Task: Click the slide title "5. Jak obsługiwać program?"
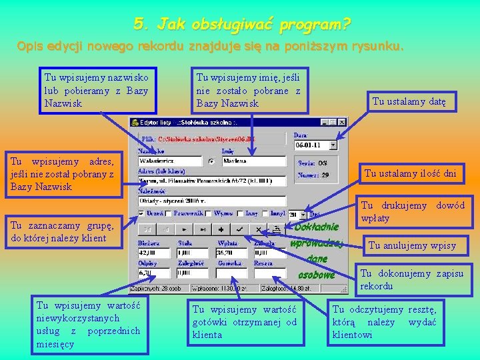click(x=241, y=25)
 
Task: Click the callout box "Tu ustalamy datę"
click(x=413, y=101)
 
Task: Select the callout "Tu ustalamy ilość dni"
click(x=410, y=174)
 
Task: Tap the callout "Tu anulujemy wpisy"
click(x=412, y=245)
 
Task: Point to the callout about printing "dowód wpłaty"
click(x=412, y=212)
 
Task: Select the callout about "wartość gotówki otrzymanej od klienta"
click(x=245, y=321)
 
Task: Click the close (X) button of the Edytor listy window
click(x=342, y=123)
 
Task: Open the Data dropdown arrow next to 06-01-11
click(x=333, y=145)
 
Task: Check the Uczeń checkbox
click(x=141, y=214)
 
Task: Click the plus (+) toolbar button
click(x=221, y=229)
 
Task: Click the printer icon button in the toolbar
click(x=275, y=229)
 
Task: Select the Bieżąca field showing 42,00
click(x=154, y=253)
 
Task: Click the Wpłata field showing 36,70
click(x=231, y=253)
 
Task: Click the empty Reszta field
click(x=269, y=273)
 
